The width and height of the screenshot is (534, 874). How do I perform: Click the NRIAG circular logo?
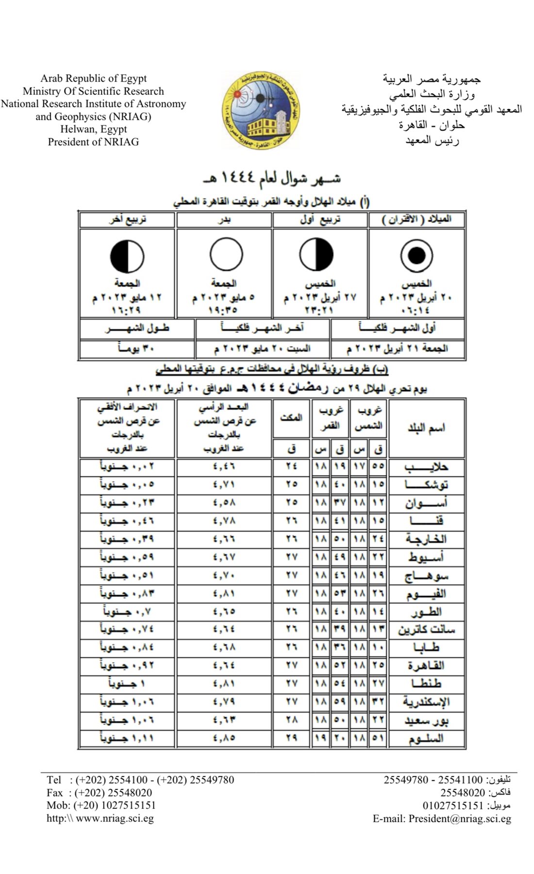point(258,111)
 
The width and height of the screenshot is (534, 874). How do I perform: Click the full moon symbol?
point(226,254)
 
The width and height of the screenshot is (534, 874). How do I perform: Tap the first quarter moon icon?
point(317,254)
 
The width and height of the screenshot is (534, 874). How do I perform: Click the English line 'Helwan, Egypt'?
point(93,129)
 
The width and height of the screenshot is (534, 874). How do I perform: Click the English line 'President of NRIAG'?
point(93,142)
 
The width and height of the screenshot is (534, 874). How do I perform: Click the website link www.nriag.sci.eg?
point(115,818)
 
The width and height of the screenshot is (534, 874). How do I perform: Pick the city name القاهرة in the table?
point(426,665)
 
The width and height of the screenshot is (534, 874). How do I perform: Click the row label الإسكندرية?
point(426,702)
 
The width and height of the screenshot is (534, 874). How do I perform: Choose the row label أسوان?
point(426,503)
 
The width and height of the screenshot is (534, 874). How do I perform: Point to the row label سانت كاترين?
point(426,630)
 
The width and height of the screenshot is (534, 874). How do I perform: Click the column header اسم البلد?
point(426,428)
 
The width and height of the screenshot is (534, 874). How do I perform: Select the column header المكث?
point(291,418)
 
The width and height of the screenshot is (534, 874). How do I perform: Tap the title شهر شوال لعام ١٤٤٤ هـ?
point(272,178)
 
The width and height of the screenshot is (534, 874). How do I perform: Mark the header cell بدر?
point(224,219)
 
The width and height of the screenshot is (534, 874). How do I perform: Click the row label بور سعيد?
point(426,720)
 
